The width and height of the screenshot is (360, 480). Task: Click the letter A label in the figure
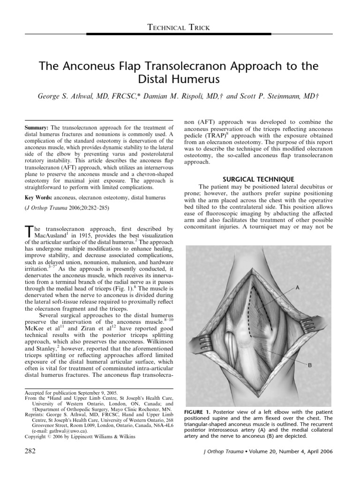click(297, 289)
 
